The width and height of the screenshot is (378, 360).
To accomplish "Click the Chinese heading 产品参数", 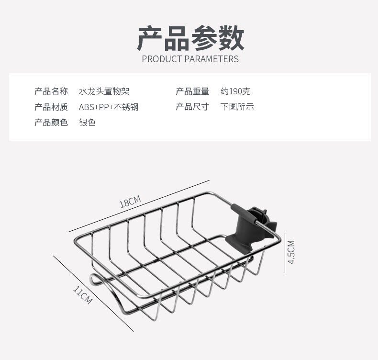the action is coord(190,38).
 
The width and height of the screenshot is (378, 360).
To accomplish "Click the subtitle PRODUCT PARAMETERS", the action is coord(190,59).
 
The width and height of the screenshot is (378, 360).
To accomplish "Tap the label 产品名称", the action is coord(51,91).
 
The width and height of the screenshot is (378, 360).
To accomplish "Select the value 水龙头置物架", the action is coord(104,91).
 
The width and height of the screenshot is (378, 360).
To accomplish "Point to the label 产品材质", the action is coord(51,107).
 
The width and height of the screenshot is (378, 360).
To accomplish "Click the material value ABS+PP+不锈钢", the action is coord(109,107).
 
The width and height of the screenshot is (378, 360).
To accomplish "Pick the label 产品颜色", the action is coord(51,122).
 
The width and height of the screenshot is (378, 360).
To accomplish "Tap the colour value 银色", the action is coord(87,122).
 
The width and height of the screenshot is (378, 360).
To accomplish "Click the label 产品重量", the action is coord(192,91).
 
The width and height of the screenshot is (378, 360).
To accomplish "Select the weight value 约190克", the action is coord(235,91).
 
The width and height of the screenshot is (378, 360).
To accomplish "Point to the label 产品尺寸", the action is coord(192,107).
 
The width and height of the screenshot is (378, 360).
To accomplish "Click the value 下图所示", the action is coord(237,107).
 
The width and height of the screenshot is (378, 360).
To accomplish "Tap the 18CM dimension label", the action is coord(130,202).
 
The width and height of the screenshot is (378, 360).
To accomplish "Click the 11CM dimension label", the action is coord(82,295).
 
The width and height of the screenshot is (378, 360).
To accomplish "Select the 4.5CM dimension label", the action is coord(291,252).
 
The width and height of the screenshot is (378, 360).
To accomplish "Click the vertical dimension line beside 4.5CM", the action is coord(285,252).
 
